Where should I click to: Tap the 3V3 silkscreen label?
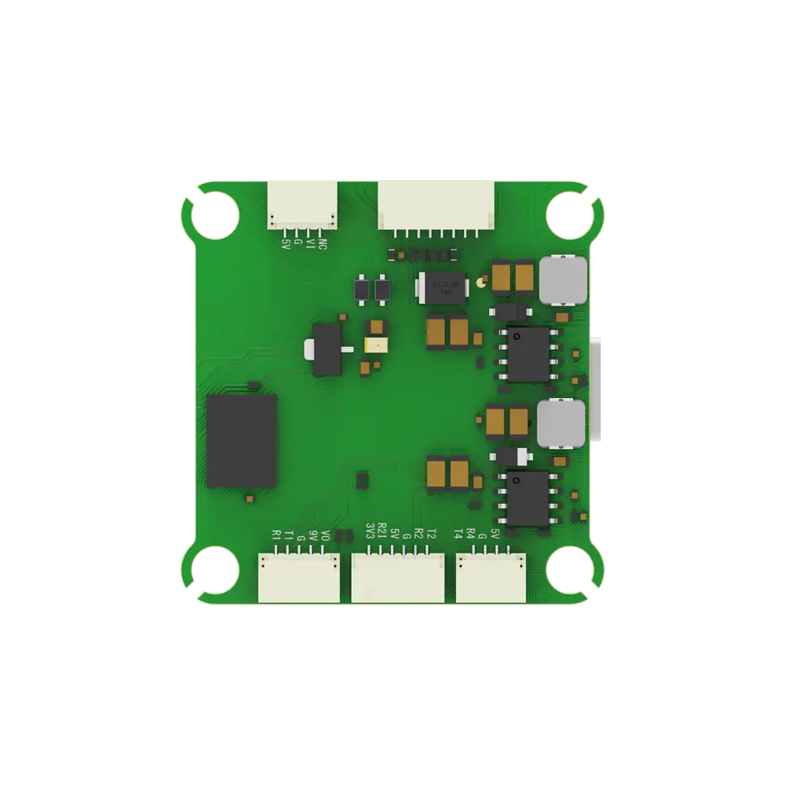[x=370, y=533]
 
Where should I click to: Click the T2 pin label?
[x=431, y=533]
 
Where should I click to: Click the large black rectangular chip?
[x=242, y=440]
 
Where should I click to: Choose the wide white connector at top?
[x=437, y=204]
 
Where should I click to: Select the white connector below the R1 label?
[x=298, y=578]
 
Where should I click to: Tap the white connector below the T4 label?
[x=491, y=578]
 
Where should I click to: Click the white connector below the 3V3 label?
[x=397, y=579]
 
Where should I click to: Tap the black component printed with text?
[x=443, y=287]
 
